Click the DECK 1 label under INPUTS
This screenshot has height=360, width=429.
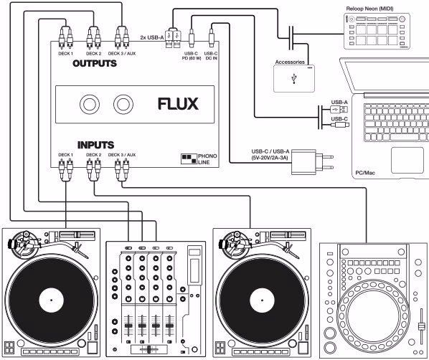point(65,153)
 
